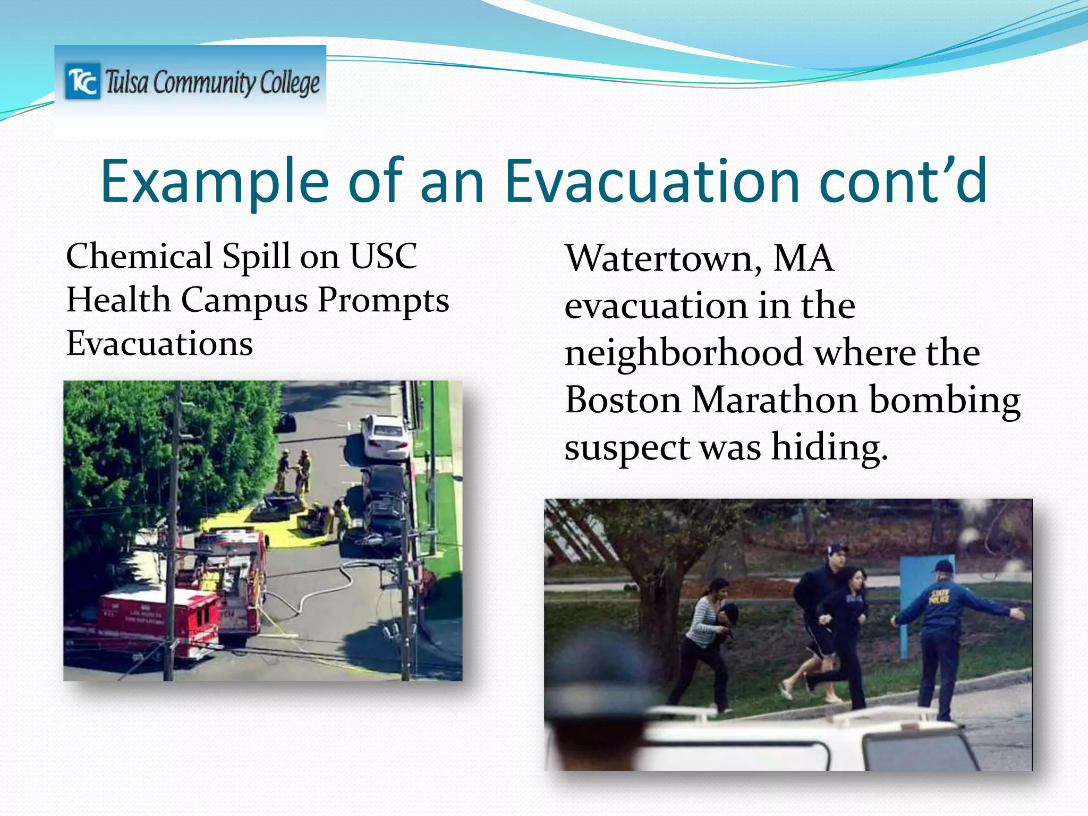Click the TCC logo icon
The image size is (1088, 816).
point(82,81)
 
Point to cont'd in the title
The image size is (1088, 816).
point(903,182)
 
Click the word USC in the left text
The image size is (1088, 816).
point(384,257)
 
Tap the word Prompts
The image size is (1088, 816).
point(383,301)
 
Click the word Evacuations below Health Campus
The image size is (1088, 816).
point(159,344)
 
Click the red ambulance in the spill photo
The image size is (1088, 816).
point(154,619)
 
